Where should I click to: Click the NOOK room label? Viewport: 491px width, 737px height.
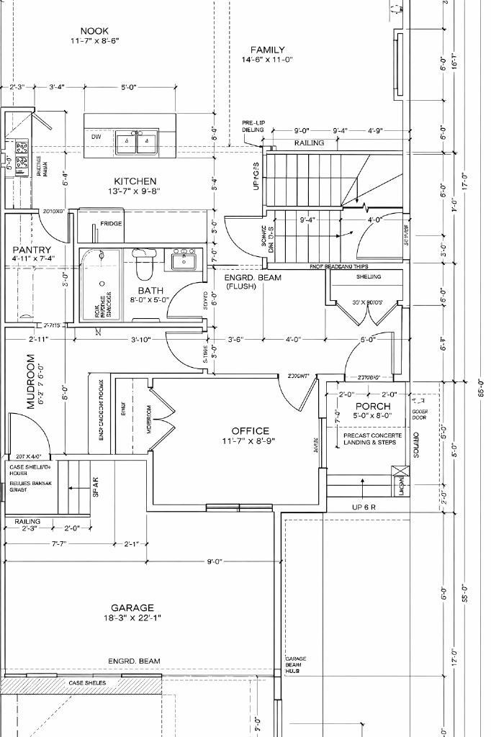[x=94, y=31]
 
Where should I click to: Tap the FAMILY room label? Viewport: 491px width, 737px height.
[x=267, y=50]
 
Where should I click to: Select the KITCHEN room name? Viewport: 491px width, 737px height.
[x=135, y=181]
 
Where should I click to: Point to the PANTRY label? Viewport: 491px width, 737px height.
[x=32, y=250]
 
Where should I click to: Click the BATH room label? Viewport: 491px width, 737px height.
[x=150, y=290]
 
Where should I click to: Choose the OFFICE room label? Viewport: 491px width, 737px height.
[x=250, y=430]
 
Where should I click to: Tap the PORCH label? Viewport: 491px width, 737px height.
[x=373, y=407]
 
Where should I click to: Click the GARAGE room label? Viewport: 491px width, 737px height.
[x=132, y=607]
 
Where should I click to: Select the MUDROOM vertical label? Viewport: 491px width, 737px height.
[x=31, y=381]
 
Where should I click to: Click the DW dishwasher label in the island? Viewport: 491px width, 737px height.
[x=96, y=136]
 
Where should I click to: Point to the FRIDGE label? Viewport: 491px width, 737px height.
[x=111, y=224]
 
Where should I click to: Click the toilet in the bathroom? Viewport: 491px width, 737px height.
[x=144, y=263]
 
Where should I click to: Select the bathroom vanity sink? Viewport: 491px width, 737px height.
[x=184, y=259]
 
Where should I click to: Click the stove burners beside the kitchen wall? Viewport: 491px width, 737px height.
[x=22, y=153]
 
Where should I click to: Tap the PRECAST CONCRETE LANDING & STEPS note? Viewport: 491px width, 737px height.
[x=372, y=439]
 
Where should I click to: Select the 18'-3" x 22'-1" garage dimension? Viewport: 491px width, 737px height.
[x=132, y=618]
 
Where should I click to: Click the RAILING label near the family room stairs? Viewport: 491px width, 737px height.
[x=309, y=143]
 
